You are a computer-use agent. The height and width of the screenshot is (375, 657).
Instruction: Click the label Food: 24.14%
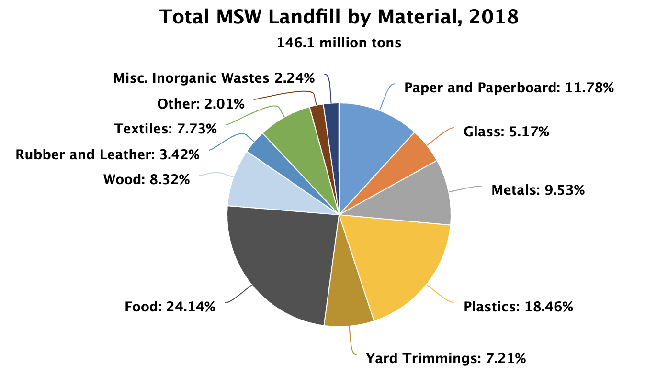(170, 307)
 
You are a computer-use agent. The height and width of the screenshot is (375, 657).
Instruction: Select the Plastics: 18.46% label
(518, 307)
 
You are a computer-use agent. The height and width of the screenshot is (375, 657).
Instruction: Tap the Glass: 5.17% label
(506, 132)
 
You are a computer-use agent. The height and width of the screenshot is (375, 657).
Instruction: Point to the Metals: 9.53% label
(538, 190)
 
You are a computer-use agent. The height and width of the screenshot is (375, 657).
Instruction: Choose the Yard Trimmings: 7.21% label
(446, 358)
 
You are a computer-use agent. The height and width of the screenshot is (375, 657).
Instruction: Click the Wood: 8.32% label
(147, 180)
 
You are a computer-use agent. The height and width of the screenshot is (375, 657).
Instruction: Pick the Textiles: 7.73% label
(166, 129)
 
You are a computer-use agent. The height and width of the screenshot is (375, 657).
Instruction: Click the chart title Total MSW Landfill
(339, 18)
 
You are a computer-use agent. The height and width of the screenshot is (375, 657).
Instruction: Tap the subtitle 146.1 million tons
(339, 43)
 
